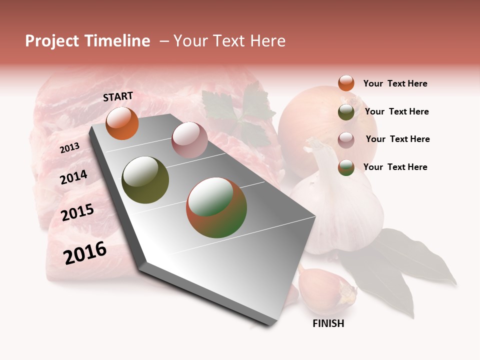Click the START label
(118, 96)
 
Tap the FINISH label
(328, 323)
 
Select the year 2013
(69, 147)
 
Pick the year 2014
(73, 177)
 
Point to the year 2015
(77, 213)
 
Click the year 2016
(85, 252)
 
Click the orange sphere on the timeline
(122, 123)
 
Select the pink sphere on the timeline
(189, 140)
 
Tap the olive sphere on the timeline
(145, 180)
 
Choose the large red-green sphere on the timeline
(216, 207)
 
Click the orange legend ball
(346, 83)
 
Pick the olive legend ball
(346, 112)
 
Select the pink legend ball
(346, 139)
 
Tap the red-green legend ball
(346, 167)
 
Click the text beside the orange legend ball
(395, 83)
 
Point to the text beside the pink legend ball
(397, 139)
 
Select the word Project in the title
(52, 41)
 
